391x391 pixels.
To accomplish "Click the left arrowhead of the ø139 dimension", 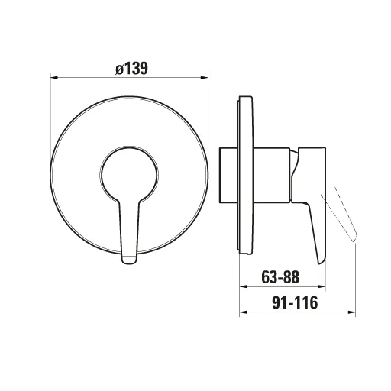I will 53,76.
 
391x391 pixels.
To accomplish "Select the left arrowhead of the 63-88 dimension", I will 244,286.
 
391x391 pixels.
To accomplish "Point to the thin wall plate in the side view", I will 244,172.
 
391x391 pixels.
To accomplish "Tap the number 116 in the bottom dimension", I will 304,302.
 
